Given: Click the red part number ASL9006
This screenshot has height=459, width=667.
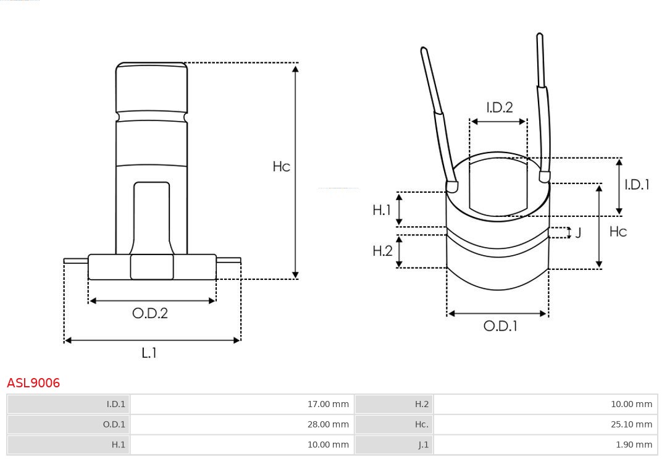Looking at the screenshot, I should point(33,383).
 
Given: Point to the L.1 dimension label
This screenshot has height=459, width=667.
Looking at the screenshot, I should point(149,353).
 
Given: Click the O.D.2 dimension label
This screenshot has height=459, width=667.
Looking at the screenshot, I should point(150,313).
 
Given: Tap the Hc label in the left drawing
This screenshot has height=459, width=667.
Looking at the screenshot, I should point(282,167).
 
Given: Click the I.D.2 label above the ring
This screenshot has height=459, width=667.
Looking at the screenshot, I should point(499,107).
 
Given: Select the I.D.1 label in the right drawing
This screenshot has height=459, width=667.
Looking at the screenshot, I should point(637,184).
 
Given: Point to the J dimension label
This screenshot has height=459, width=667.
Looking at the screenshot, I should point(578,233).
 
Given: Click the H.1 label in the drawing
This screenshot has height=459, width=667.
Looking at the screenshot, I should point(382,210).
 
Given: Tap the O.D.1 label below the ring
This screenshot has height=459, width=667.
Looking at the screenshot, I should point(500,326).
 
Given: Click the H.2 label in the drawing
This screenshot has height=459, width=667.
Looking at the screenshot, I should point(382,251).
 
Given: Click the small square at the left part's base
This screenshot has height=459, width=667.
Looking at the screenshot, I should point(152,267).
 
